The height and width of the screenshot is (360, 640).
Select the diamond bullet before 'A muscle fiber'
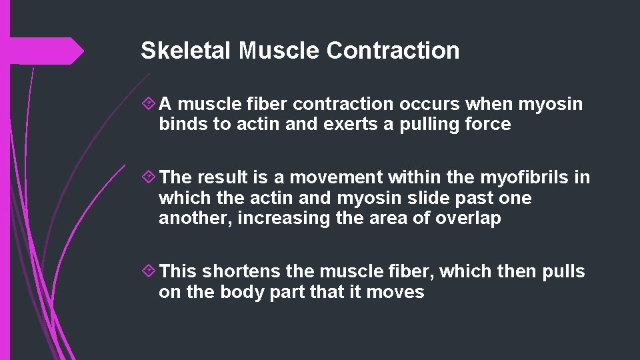pos(149,104)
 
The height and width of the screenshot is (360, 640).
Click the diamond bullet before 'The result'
pos(149,177)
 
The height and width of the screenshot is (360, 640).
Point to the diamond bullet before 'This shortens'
pos(149,271)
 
